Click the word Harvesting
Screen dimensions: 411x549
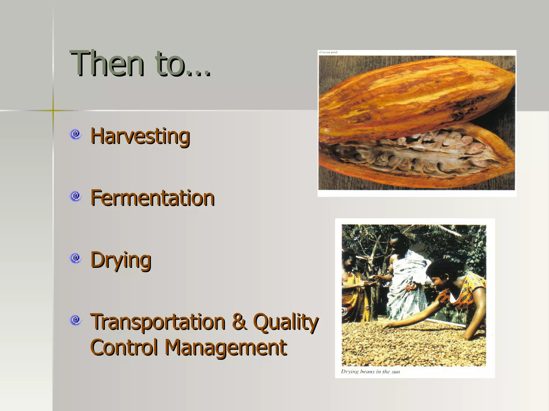(140, 136)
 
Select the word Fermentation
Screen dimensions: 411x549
(152, 198)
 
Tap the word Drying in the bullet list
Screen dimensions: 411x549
(121, 260)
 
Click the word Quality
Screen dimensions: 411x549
(285, 322)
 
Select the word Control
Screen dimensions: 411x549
(124, 347)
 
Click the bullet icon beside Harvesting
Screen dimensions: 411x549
(76, 134)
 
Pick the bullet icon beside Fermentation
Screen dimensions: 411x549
(76, 196)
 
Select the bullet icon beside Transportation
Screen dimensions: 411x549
(76, 320)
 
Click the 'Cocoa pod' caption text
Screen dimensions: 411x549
(328, 52)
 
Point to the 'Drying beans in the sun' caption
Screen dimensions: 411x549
(370, 371)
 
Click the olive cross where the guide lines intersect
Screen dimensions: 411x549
(53, 110)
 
